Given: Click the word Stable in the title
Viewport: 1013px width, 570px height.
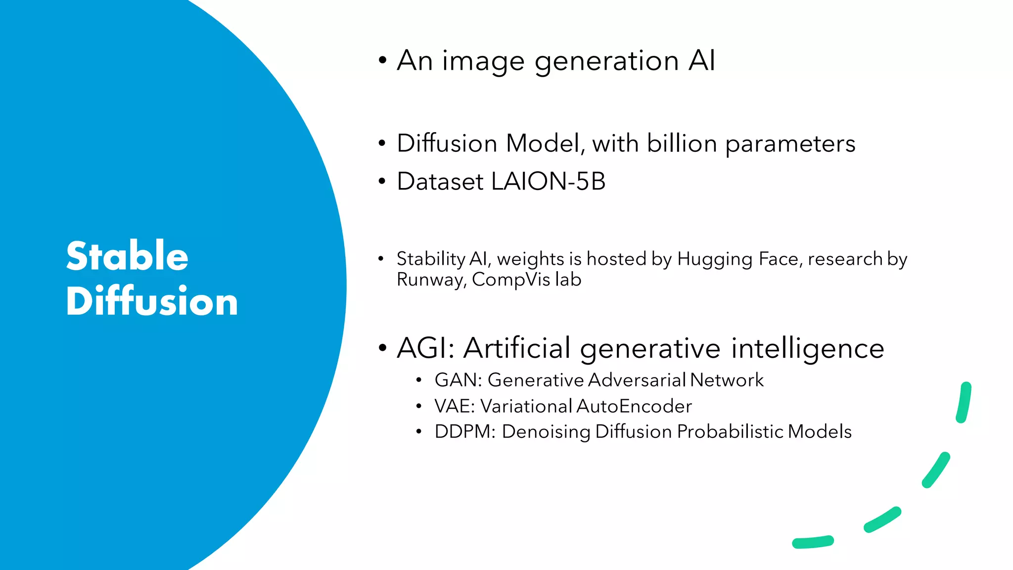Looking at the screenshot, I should (127, 256).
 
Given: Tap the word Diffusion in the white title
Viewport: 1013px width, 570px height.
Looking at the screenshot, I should (152, 301).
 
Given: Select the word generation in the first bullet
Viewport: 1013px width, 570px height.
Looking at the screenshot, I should (606, 61).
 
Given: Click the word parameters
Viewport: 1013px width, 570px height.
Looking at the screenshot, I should (790, 144).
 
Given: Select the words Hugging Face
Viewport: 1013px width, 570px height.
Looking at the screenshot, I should (739, 259).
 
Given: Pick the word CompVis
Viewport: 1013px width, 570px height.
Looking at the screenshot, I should (511, 280).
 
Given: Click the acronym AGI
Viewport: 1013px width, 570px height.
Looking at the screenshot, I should (426, 348).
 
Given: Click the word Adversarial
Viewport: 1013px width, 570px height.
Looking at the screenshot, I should (637, 380).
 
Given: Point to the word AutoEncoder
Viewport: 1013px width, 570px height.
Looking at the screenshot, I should (634, 406).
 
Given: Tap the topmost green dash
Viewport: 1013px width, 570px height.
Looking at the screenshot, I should (964, 402).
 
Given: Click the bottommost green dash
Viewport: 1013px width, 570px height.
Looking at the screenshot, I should (813, 542).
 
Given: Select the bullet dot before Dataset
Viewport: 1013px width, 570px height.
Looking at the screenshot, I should (381, 182).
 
